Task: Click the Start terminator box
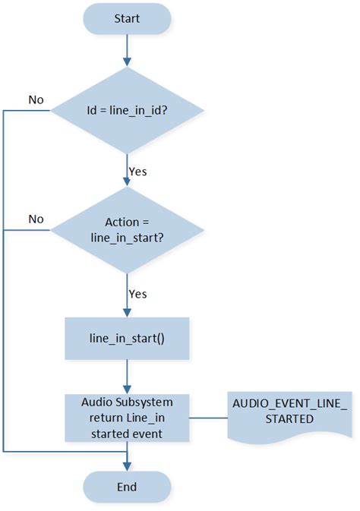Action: click(126, 17)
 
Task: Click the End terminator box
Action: click(126, 486)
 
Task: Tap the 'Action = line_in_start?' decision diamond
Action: click(127, 229)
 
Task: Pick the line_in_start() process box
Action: click(127, 336)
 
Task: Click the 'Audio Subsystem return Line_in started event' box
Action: click(127, 418)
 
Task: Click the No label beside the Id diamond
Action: click(36, 99)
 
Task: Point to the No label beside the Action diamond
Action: click(36, 219)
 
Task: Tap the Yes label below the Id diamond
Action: click(137, 172)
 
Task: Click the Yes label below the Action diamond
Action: click(137, 293)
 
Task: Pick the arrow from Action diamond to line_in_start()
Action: click(127, 292)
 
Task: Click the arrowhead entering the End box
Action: click(127, 465)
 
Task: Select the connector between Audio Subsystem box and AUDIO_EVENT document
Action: click(208, 418)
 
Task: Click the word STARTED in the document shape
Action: click(289, 419)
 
